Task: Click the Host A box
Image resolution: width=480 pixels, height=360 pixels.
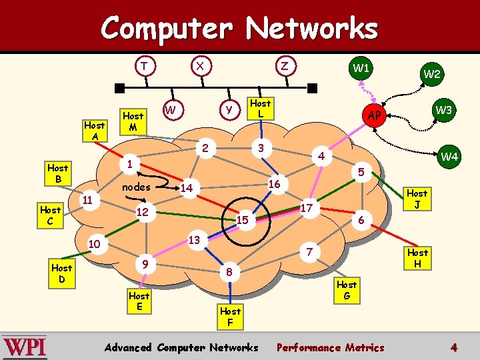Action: (94, 131)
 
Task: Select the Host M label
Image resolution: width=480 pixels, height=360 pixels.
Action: (133, 121)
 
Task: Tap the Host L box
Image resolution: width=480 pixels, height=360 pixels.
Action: (260, 109)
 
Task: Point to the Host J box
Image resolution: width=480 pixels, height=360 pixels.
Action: (417, 199)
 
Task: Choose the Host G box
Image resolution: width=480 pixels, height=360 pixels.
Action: (346, 290)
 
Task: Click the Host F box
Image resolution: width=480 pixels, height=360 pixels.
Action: (230, 316)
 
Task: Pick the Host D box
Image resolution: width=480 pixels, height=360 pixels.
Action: (61, 273)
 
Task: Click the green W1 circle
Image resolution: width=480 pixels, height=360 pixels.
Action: (361, 69)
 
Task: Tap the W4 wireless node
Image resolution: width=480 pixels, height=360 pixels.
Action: (449, 157)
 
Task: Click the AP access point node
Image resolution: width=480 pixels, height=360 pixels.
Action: (375, 116)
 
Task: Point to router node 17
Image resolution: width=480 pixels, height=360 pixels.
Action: (307, 208)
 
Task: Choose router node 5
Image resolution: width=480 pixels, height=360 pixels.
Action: (359, 171)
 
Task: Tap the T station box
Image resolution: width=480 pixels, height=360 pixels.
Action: (143, 65)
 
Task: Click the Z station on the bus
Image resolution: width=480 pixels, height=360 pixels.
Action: (285, 65)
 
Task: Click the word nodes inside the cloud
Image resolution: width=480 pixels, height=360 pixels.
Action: (136, 187)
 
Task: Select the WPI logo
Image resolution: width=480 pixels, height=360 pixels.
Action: (24, 347)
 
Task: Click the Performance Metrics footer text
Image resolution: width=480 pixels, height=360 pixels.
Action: (330, 347)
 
